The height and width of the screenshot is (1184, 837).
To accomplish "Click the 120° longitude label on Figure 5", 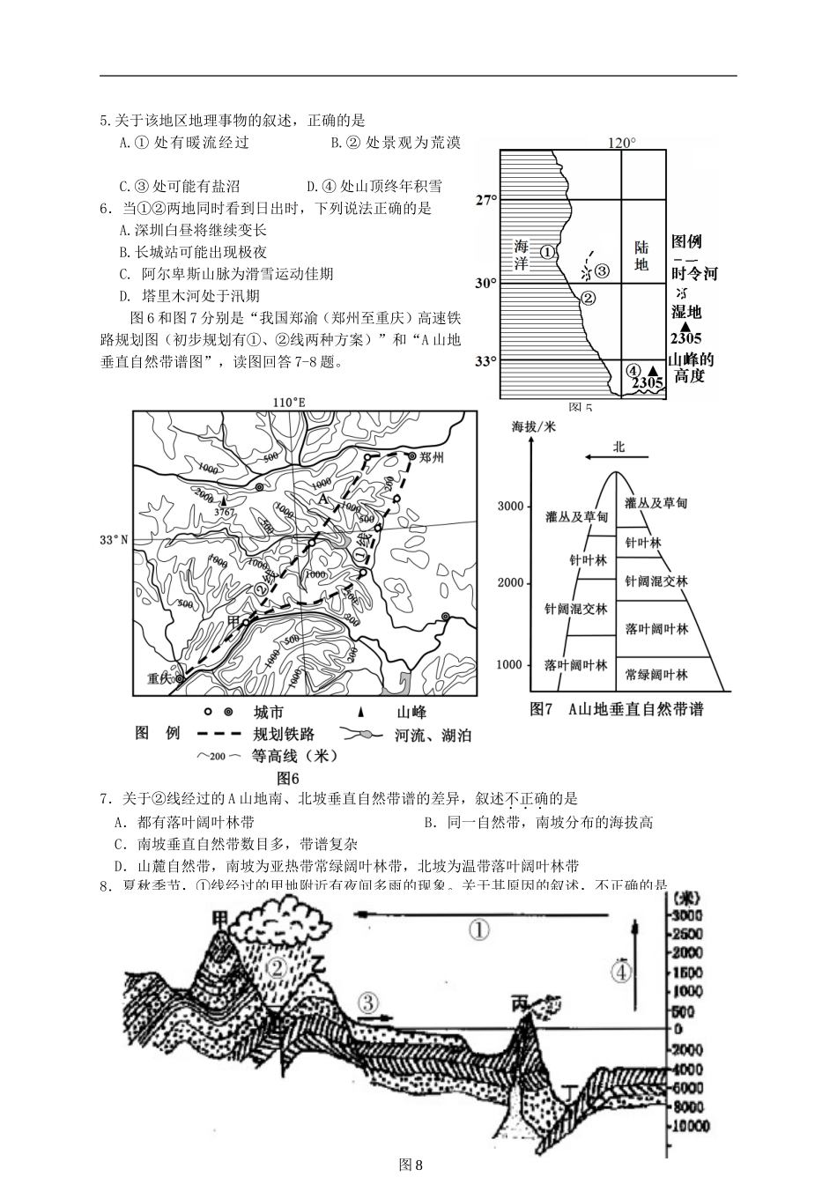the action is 621,143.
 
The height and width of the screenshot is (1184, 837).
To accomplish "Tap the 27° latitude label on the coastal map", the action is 485,200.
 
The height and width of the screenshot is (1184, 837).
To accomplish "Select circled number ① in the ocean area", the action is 547,251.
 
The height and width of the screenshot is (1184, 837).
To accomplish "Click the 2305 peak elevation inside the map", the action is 648,382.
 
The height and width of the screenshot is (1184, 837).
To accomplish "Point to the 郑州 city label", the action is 432,457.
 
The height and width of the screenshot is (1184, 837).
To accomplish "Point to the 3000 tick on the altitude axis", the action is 510,506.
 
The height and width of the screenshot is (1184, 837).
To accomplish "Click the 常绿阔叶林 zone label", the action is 655,674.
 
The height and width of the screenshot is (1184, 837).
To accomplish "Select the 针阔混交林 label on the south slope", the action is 656,581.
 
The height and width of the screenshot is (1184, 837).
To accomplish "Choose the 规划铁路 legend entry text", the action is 283,734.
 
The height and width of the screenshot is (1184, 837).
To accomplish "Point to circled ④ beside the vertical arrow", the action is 620,971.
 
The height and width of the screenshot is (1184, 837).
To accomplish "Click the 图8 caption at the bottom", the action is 411,1165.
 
